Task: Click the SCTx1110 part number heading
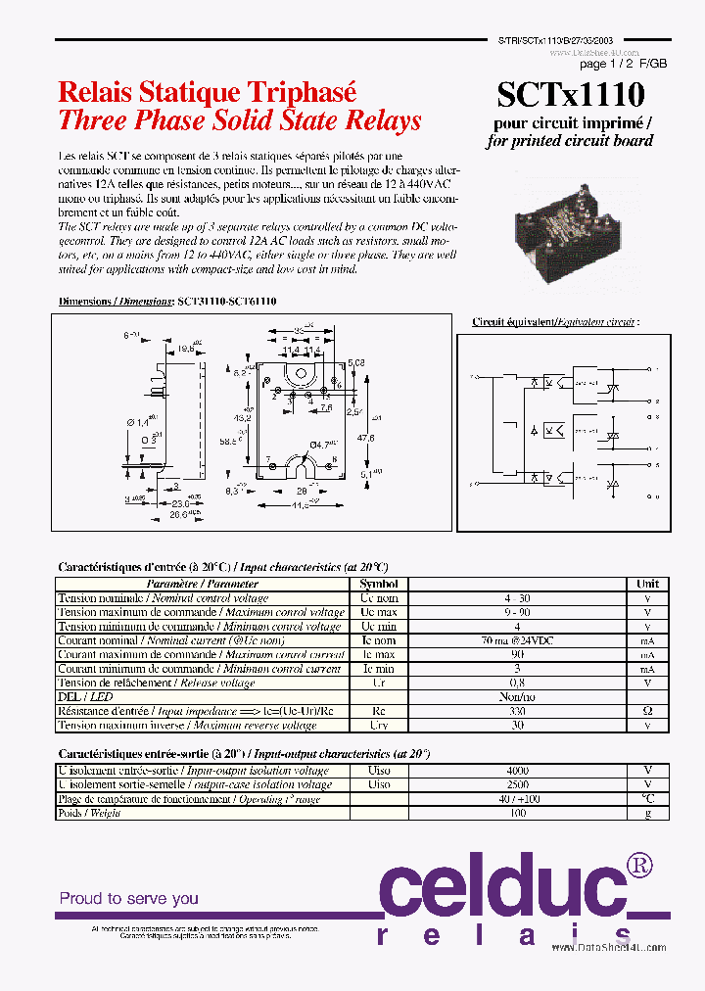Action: [x=571, y=96]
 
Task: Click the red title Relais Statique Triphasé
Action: [x=208, y=92]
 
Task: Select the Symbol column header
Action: [x=379, y=584]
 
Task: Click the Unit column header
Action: [x=647, y=584]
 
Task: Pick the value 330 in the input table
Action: [x=516, y=711]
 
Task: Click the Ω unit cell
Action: [x=647, y=711]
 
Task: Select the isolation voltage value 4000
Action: [x=516, y=771]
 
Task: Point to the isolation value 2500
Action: [x=516, y=784]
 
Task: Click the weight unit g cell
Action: [x=647, y=813]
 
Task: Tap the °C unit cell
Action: [x=647, y=799]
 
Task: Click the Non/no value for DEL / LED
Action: [x=516, y=697]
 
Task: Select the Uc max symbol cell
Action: [x=379, y=612]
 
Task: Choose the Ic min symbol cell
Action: [x=379, y=669]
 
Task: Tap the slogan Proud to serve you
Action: [x=128, y=898]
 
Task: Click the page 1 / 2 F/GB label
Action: [x=624, y=64]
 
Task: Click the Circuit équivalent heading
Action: [x=554, y=321]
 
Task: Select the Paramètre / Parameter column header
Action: [x=202, y=584]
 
